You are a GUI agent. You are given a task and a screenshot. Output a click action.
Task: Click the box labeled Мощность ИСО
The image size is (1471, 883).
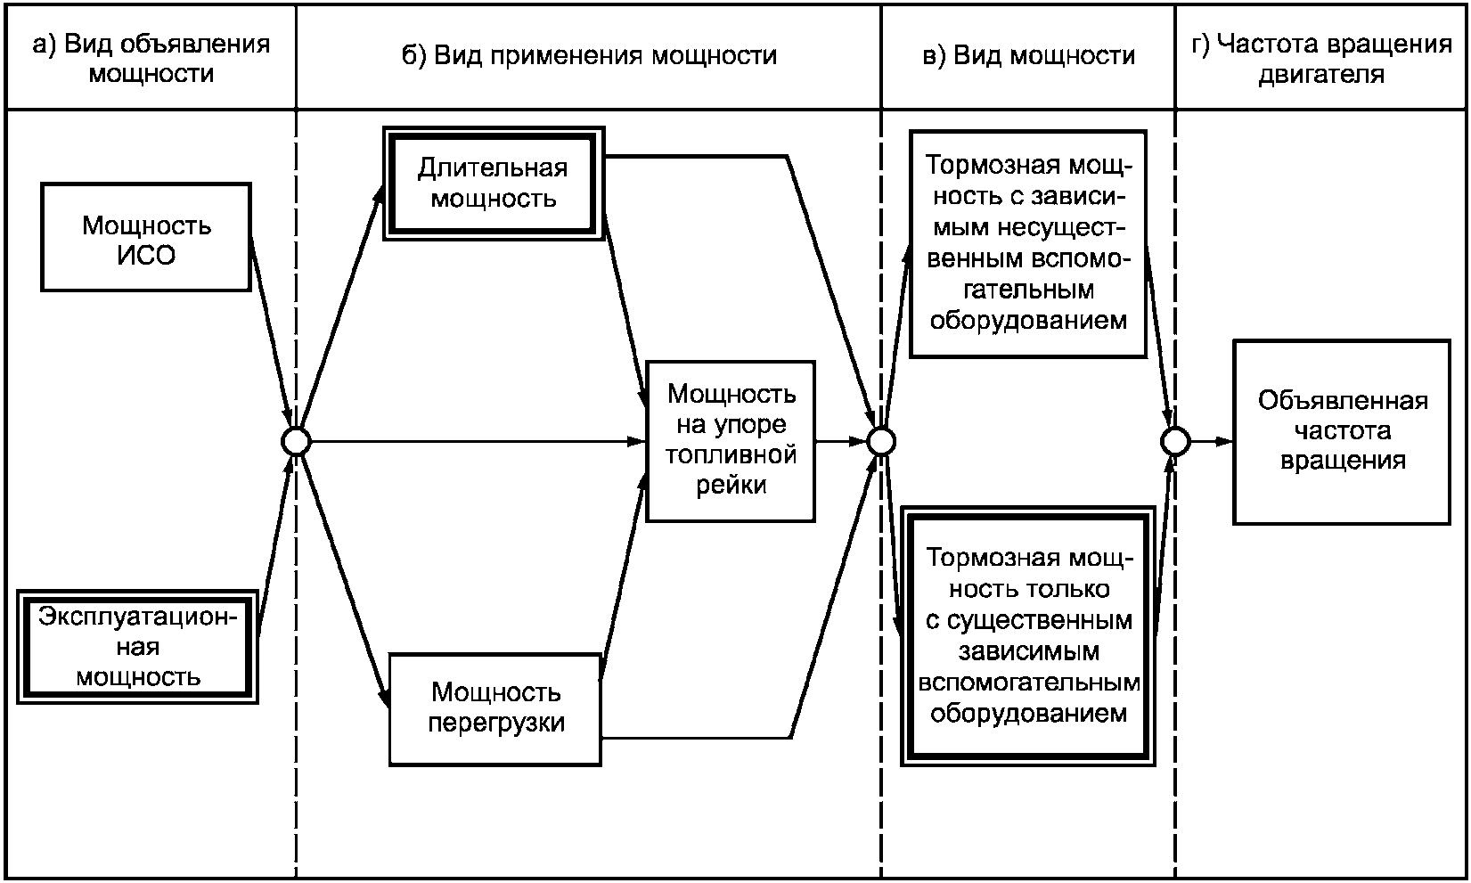[146, 237]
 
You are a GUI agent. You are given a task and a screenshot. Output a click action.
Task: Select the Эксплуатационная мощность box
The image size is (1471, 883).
[137, 647]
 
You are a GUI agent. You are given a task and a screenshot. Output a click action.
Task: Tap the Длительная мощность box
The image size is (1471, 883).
[494, 184]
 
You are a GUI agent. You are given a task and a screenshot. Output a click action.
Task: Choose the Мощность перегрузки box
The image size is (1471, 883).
[495, 709]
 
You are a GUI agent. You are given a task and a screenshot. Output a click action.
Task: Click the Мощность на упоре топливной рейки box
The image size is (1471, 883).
[731, 441]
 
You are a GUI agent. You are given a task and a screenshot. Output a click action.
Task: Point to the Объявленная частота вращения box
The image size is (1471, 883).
[1343, 432]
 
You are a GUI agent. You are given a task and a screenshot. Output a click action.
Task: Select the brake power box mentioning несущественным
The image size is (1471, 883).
[1028, 243]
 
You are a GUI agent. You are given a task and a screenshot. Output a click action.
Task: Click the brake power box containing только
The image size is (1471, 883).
[1028, 635]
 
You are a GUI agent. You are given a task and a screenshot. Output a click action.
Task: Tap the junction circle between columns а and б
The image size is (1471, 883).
[296, 441]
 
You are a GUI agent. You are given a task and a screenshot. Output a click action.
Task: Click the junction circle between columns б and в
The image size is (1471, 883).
[881, 441]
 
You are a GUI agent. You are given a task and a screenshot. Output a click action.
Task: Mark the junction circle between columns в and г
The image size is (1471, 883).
[1175, 441]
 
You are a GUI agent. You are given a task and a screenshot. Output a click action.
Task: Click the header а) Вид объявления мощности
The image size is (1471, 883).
[151, 59]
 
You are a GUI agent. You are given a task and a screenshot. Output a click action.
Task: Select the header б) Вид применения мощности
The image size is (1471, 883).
[589, 55]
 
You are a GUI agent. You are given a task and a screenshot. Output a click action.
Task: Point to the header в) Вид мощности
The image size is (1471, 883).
[1028, 55]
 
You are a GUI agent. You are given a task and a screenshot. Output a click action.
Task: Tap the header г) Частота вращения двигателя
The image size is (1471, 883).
[1321, 59]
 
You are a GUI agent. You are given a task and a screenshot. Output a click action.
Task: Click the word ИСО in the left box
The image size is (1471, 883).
[146, 255]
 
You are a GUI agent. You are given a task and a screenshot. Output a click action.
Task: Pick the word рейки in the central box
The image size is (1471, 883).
[731, 485]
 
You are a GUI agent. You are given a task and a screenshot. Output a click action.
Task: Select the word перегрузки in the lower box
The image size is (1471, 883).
[495, 724]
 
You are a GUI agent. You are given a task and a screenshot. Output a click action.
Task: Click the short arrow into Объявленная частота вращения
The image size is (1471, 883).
[1212, 441]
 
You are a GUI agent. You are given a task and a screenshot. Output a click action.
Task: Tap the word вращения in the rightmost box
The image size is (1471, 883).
[1343, 461]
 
